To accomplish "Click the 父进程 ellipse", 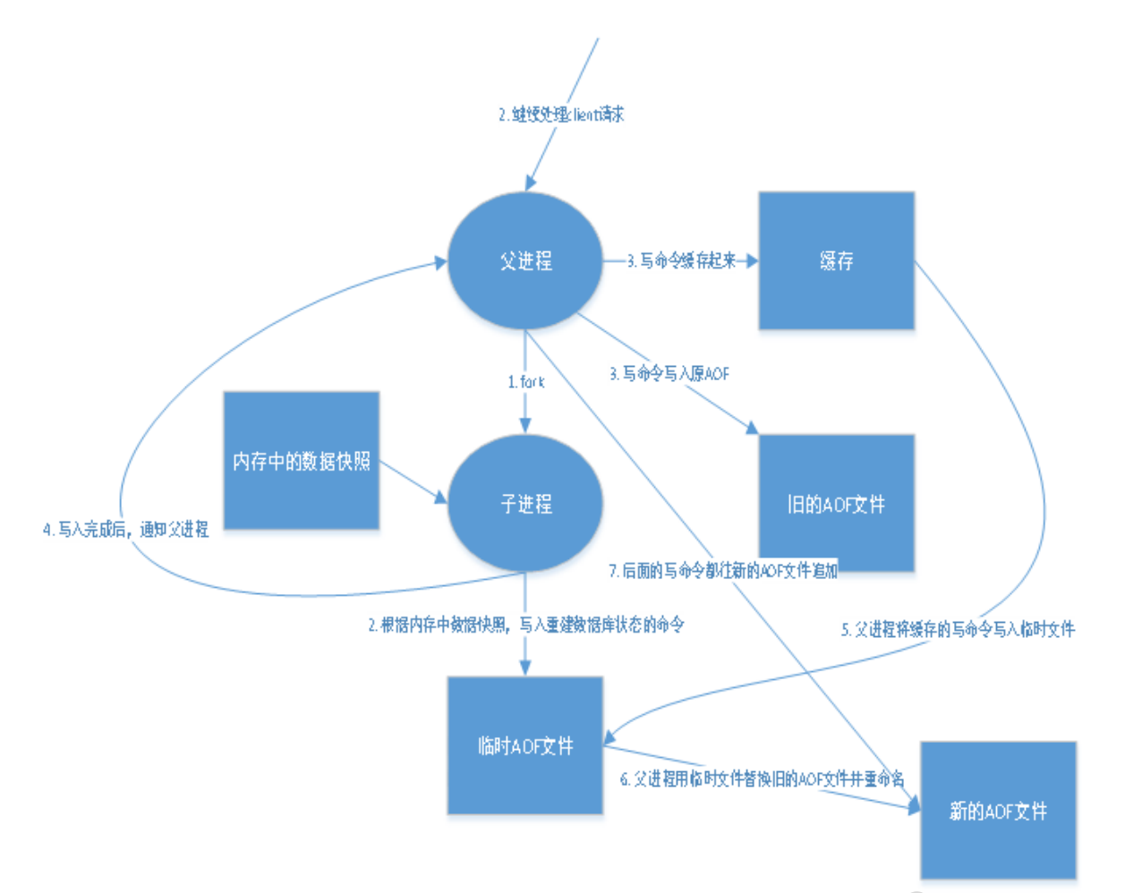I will tap(525, 260).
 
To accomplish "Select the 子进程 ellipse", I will tap(525, 504).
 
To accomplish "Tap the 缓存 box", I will tap(836, 260).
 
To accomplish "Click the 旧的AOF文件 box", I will tap(836, 504).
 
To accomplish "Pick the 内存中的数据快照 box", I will tap(301, 461).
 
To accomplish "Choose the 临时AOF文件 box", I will tap(525, 745).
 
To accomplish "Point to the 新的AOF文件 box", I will tap(998, 811).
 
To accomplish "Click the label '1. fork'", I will tap(525, 382).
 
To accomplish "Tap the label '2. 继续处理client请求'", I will tap(561, 115).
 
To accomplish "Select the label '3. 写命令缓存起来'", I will tap(681, 260).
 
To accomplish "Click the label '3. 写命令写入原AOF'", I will tap(669, 373).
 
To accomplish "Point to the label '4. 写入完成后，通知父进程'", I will tap(125, 530).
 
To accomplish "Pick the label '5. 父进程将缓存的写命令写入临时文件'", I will tap(958, 629).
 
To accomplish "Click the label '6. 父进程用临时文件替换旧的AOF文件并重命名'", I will tap(762, 778).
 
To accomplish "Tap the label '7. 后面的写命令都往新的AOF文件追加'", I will tap(723, 570).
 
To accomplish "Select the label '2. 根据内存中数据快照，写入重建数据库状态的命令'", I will tap(526, 625).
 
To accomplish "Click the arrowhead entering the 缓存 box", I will tap(752, 260).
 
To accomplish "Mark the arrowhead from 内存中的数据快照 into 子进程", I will tap(440, 497).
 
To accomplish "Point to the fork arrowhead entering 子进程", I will tap(525, 427).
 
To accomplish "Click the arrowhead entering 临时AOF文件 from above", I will tap(525, 668).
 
